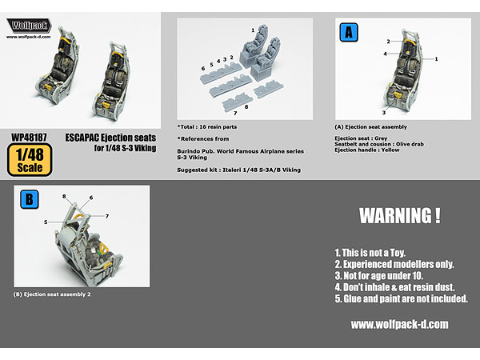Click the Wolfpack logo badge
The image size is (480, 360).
(29, 26)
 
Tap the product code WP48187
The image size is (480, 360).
(29, 138)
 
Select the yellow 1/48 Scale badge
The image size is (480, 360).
(30, 160)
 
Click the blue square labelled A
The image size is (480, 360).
(349, 32)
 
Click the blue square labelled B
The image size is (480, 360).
(30, 199)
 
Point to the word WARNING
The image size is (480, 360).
(396, 216)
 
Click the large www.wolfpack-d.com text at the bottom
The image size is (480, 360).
(399, 324)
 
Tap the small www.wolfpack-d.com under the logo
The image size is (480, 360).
(29, 37)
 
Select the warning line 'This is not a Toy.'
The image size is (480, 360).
(370, 253)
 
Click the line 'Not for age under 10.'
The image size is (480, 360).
(379, 276)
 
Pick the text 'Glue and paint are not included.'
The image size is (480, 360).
(402, 298)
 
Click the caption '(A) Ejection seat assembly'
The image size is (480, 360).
(370, 126)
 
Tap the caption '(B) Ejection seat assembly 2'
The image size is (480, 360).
(52, 294)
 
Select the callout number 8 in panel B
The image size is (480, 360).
(64, 196)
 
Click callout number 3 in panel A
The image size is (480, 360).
(384, 113)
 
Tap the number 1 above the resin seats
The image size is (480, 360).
(253, 30)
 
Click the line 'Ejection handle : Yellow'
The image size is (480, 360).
(367, 150)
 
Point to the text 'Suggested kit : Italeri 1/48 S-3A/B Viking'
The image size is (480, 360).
(238, 170)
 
